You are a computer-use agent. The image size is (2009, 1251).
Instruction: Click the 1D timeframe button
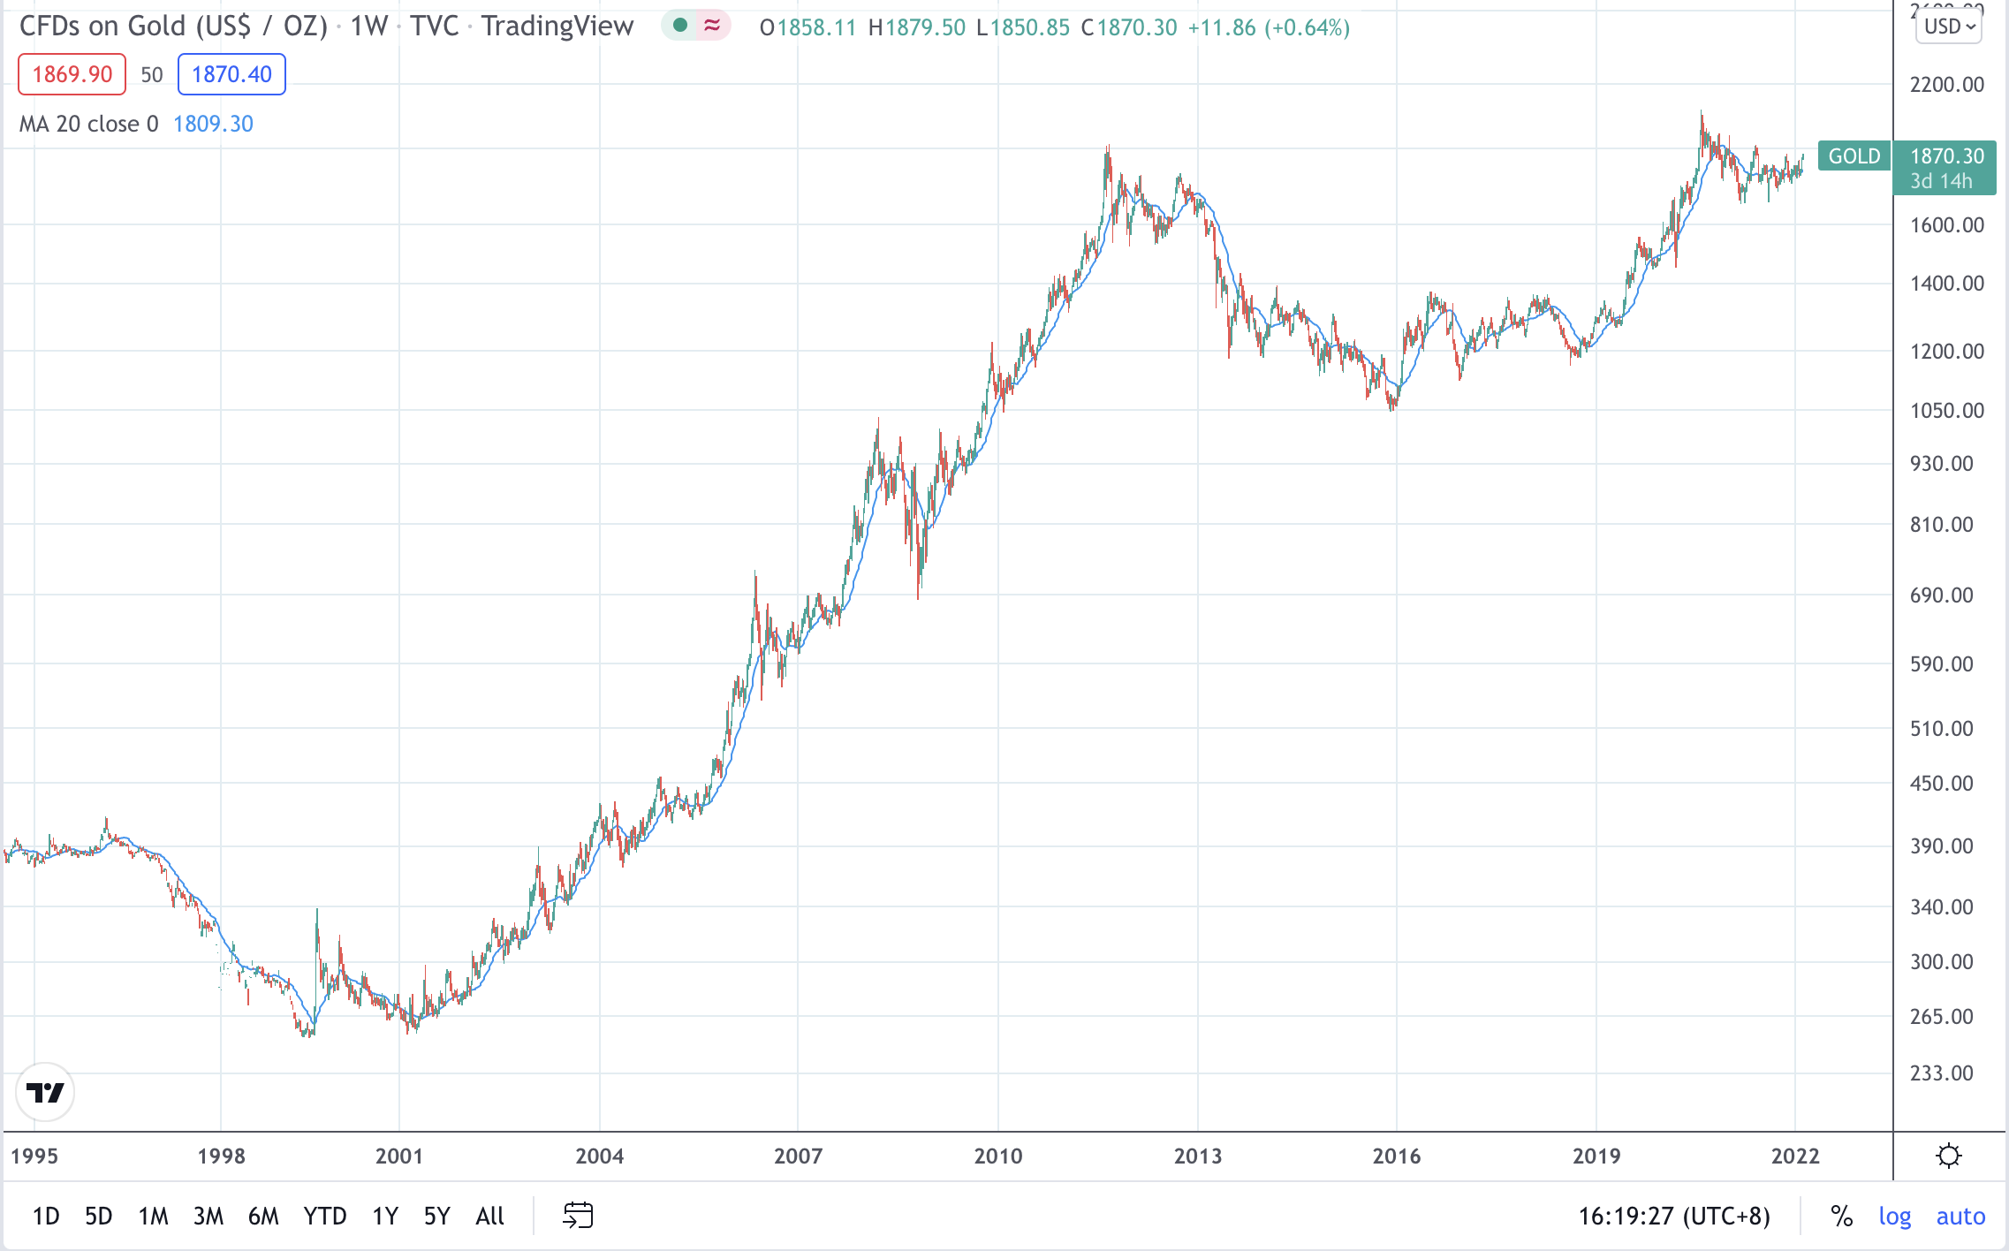[x=46, y=1217]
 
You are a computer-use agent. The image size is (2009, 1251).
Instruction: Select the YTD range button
[x=325, y=1217]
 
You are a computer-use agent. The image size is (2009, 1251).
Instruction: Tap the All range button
[x=489, y=1217]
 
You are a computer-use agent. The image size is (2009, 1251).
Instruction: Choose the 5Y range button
[x=436, y=1217]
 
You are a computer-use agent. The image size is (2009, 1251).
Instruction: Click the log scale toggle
[x=1894, y=1217]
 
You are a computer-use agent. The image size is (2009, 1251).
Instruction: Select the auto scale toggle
[x=1960, y=1217]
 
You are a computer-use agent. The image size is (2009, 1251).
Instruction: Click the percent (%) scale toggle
[x=1841, y=1217]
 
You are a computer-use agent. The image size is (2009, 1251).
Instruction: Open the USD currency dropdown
[x=1949, y=27]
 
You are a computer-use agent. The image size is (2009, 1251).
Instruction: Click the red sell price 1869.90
[x=72, y=74]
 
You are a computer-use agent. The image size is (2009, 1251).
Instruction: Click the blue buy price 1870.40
[x=231, y=74]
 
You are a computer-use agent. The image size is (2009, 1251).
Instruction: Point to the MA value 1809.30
[x=213, y=124]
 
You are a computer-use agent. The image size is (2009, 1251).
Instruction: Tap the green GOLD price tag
[x=1854, y=156]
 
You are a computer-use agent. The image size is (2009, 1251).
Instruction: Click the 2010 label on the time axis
[x=998, y=1156]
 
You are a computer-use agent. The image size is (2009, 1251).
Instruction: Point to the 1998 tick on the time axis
[x=221, y=1156]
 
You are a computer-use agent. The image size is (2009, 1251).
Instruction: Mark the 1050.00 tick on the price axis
[x=1946, y=410]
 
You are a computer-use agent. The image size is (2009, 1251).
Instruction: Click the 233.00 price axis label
[x=1941, y=1073]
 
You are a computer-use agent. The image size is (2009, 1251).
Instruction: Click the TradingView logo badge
[x=45, y=1093]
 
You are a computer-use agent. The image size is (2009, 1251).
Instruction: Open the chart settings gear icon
[x=1948, y=1156]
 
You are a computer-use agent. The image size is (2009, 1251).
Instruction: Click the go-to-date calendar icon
[x=578, y=1216]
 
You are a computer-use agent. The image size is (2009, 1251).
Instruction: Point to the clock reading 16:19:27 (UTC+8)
[x=1674, y=1217]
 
